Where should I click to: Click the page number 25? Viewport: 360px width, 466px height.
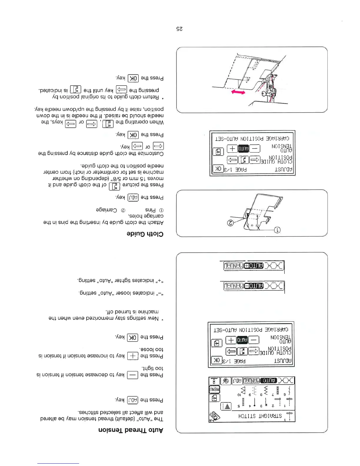tap(179, 29)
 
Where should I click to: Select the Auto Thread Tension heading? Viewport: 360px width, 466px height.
tap(131, 430)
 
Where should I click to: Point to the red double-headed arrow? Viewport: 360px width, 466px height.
tap(238, 92)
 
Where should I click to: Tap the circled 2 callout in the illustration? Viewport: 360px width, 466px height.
tap(231, 223)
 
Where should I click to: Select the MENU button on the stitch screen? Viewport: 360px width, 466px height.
tap(214, 389)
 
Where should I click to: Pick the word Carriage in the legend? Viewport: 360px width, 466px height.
tap(106, 210)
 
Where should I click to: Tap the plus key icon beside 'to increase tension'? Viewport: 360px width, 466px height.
tap(132, 356)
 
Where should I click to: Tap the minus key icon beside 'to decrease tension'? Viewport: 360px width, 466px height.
tap(132, 375)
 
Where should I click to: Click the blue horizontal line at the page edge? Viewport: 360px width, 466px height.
tap(58, 463)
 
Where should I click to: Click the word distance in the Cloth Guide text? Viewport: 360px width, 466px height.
tap(82, 153)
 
